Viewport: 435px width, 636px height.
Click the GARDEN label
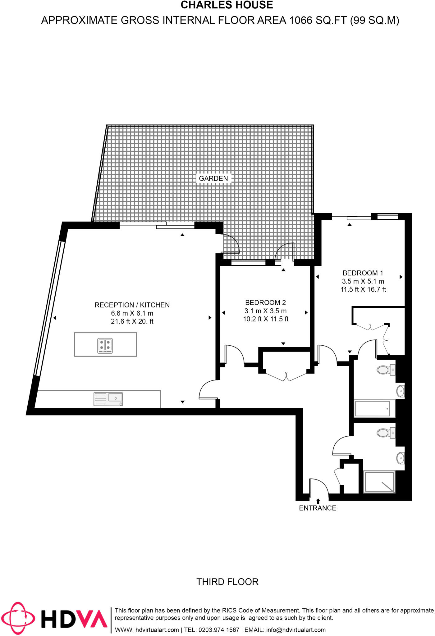[213, 178]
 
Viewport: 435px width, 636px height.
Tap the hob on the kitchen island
[105, 345]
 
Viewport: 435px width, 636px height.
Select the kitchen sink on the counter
[108, 399]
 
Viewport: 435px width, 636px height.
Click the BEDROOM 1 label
[363, 273]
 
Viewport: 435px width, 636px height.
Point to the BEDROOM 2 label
[265, 302]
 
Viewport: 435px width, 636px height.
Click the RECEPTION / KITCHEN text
[132, 305]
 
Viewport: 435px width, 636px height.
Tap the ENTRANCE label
[318, 508]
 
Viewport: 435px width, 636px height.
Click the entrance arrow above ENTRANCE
[318, 501]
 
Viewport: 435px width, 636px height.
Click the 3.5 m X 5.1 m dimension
[363, 281]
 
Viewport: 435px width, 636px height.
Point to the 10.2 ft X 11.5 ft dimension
[266, 319]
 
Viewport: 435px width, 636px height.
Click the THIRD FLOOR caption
[227, 582]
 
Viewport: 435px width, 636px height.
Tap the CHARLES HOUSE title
[227, 5]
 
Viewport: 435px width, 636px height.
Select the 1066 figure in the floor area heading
[300, 20]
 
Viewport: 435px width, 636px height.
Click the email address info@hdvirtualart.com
[296, 630]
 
